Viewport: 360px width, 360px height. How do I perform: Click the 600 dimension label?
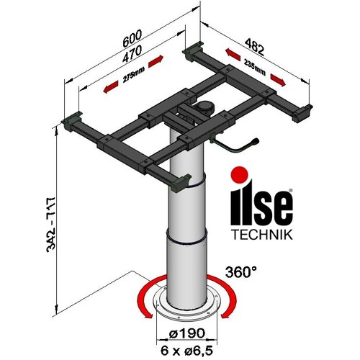(132, 38)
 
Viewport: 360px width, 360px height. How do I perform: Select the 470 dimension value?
(132, 54)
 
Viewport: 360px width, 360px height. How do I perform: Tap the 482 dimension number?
(254, 47)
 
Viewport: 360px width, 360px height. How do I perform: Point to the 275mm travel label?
(133, 75)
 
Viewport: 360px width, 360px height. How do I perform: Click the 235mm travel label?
(255, 67)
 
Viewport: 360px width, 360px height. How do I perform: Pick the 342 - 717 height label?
(51, 225)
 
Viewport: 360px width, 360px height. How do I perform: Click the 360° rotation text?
(241, 272)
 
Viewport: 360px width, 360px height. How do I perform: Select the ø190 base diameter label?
(187, 333)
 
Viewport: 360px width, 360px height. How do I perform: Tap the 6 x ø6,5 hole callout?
(186, 351)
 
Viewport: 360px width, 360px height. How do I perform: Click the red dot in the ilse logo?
(239, 174)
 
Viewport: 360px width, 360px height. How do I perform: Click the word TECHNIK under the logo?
(262, 235)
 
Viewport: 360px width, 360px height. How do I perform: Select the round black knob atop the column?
(204, 107)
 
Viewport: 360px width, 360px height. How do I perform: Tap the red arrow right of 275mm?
(156, 62)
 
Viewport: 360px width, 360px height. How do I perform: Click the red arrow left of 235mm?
(233, 54)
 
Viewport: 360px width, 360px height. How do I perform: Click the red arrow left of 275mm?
(111, 86)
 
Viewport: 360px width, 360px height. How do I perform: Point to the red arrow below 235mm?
(278, 80)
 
